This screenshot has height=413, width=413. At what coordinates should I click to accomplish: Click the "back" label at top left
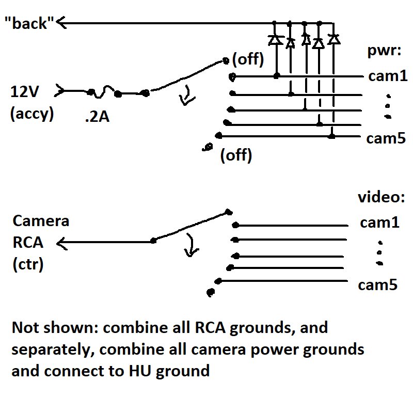click(x=29, y=24)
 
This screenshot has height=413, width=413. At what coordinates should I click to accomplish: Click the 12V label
click(x=25, y=92)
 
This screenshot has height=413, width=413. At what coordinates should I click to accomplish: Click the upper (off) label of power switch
click(x=248, y=60)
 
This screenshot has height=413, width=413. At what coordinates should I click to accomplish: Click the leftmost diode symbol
click(x=275, y=39)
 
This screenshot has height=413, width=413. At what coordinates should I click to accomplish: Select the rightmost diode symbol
click(x=335, y=39)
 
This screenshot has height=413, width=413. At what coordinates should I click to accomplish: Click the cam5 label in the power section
click(x=385, y=138)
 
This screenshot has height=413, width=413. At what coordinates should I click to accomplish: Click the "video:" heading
click(x=381, y=198)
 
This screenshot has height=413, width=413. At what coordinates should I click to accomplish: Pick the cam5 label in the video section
click(x=379, y=284)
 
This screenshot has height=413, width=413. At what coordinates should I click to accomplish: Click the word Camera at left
click(x=40, y=221)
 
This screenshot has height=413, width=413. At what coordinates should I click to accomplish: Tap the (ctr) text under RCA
click(x=28, y=265)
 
